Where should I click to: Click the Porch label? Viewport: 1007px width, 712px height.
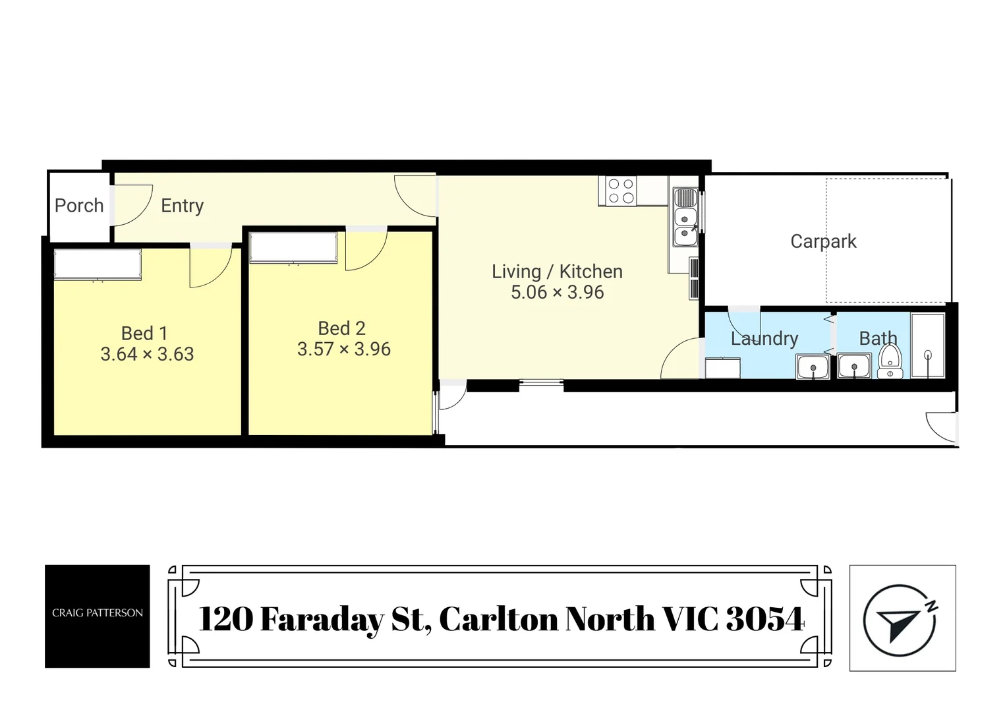coord(79,206)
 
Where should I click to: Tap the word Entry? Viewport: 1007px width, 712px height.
coord(183,206)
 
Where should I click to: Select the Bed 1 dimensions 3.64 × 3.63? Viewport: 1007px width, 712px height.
coord(147,354)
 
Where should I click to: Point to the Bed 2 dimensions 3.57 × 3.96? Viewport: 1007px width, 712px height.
coord(343,349)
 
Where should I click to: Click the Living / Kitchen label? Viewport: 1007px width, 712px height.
coord(557,271)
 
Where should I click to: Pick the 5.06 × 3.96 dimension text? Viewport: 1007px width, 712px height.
coord(557,292)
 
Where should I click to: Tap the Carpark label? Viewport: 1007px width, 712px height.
coord(823,241)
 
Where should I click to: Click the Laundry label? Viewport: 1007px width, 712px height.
coord(764,338)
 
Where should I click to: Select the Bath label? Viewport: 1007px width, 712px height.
coord(878,338)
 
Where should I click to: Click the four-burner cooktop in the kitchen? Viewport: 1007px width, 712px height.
coord(621,191)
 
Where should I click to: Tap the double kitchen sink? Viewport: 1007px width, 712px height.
coord(685,225)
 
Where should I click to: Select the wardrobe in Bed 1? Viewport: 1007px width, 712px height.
coord(98,264)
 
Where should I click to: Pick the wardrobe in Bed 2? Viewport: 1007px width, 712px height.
coord(293,248)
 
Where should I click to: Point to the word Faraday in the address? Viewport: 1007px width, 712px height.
coord(322,619)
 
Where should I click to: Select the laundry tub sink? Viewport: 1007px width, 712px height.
coord(813,367)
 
